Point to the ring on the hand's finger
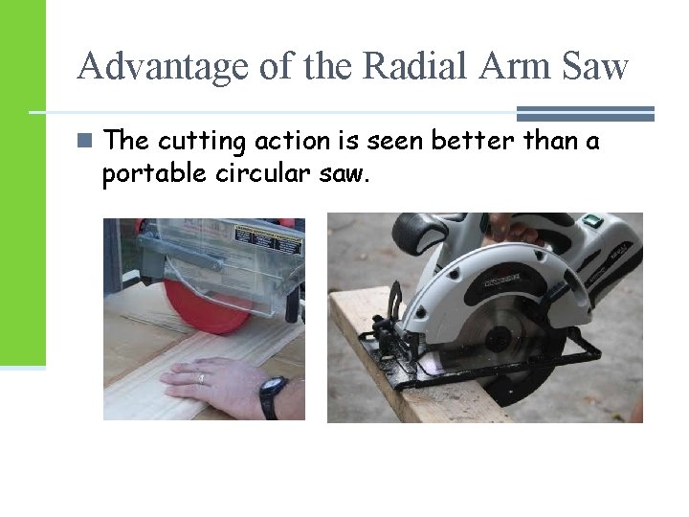coord(201,378)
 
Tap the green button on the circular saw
coord(590,223)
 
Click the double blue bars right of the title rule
coord(585,113)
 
